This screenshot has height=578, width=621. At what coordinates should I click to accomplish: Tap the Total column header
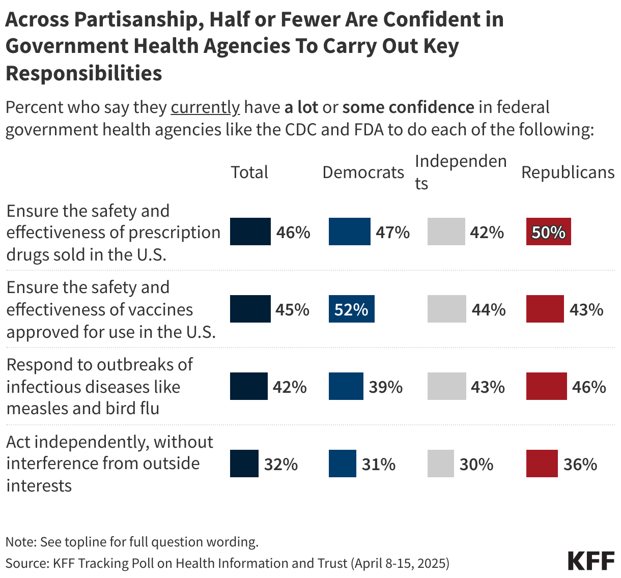[x=249, y=172]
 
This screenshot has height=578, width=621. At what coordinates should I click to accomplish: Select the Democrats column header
[x=363, y=172]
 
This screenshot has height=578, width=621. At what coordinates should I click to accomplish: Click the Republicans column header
[x=568, y=172]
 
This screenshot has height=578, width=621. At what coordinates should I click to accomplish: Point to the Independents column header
[x=460, y=172]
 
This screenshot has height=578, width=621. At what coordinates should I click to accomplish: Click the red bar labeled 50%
[x=548, y=232]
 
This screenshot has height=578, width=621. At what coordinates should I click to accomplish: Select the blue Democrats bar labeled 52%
[x=351, y=309]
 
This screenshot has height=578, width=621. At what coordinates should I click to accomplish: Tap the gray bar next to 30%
[x=440, y=464]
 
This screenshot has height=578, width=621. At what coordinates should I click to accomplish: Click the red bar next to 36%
[x=542, y=464]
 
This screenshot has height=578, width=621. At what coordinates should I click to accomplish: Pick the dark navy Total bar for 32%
[x=244, y=464]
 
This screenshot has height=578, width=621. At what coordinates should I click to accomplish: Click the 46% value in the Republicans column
[x=589, y=387]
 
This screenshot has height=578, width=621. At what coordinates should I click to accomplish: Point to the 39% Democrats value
[x=385, y=387]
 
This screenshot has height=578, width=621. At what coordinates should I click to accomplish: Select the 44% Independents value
[x=488, y=309]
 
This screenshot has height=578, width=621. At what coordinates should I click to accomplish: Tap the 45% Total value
[x=292, y=309]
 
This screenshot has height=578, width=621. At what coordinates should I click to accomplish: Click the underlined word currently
[x=205, y=107]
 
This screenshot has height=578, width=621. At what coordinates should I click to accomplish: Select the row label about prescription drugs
[x=113, y=233]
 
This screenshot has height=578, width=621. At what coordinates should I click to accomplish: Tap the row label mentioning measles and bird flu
[x=99, y=387]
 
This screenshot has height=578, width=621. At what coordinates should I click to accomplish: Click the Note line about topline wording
[x=132, y=542]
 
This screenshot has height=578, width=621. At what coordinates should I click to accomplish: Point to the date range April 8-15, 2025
[x=401, y=563]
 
